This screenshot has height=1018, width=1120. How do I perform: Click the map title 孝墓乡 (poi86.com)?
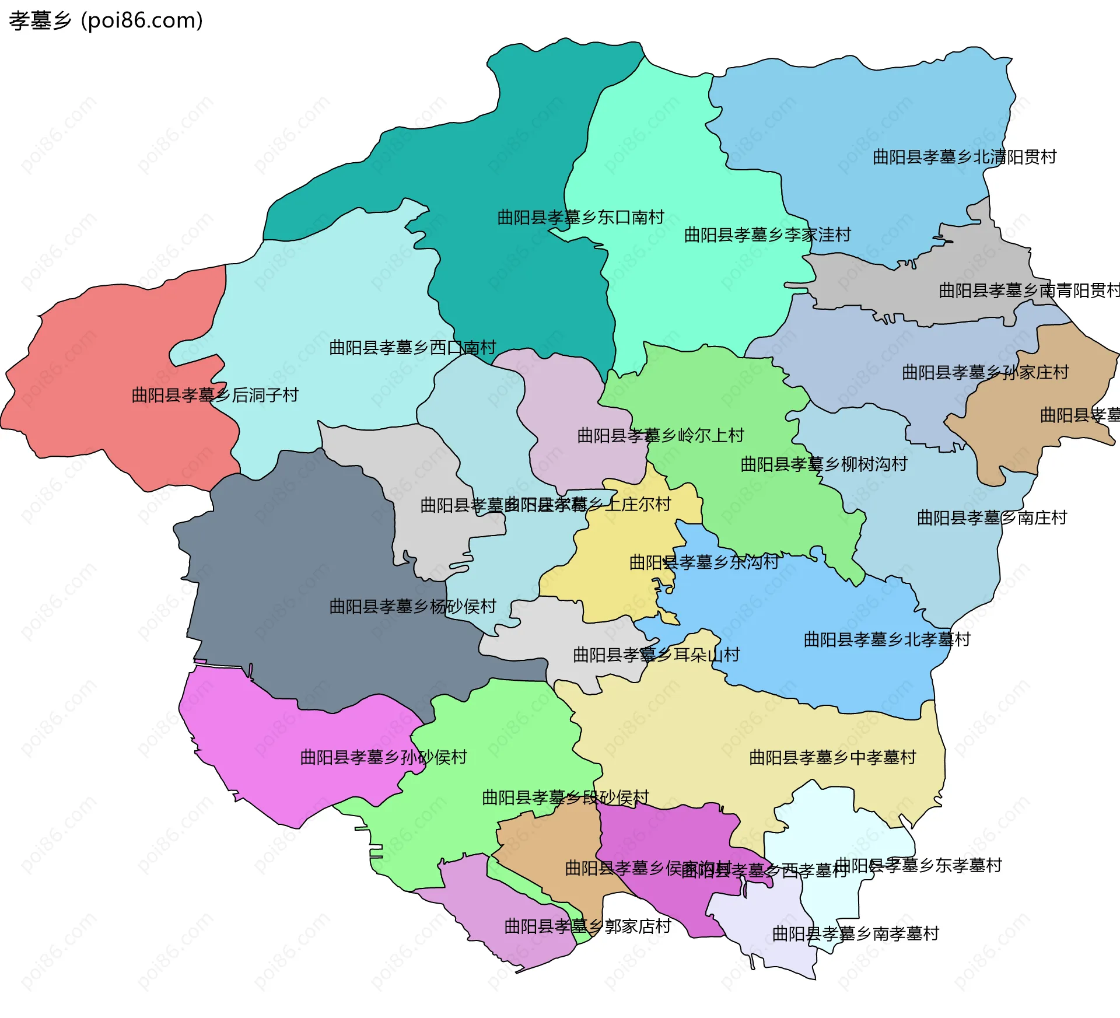pos(106,21)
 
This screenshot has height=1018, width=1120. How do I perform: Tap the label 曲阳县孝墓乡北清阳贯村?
pos(964,157)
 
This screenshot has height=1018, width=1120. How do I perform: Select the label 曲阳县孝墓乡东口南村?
pos(580,218)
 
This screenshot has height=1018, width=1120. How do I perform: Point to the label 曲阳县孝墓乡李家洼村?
pos(767,235)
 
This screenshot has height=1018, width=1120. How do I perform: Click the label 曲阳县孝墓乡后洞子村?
pos(215,396)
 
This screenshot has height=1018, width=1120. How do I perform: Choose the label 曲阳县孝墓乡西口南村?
pos(412,348)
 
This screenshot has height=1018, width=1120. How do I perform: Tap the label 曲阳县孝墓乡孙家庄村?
pos(985,372)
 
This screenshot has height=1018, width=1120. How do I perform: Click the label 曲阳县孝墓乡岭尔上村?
pos(660,435)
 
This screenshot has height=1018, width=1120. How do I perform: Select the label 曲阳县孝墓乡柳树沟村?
pos(824,464)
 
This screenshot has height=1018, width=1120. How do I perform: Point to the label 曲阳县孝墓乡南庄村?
pos(992,518)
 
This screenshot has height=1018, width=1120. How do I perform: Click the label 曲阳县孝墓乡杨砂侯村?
pos(412,607)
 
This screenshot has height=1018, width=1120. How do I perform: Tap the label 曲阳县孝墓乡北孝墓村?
pos(887,640)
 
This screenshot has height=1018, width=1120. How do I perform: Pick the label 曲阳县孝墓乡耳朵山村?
pos(656,655)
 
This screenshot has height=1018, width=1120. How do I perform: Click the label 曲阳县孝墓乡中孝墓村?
pos(832,758)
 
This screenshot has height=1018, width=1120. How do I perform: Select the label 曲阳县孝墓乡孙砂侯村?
pos(383,758)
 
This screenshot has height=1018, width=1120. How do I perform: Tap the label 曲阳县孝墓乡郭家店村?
pos(587,926)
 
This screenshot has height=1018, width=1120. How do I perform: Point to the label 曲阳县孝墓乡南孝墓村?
pos(855,934)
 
